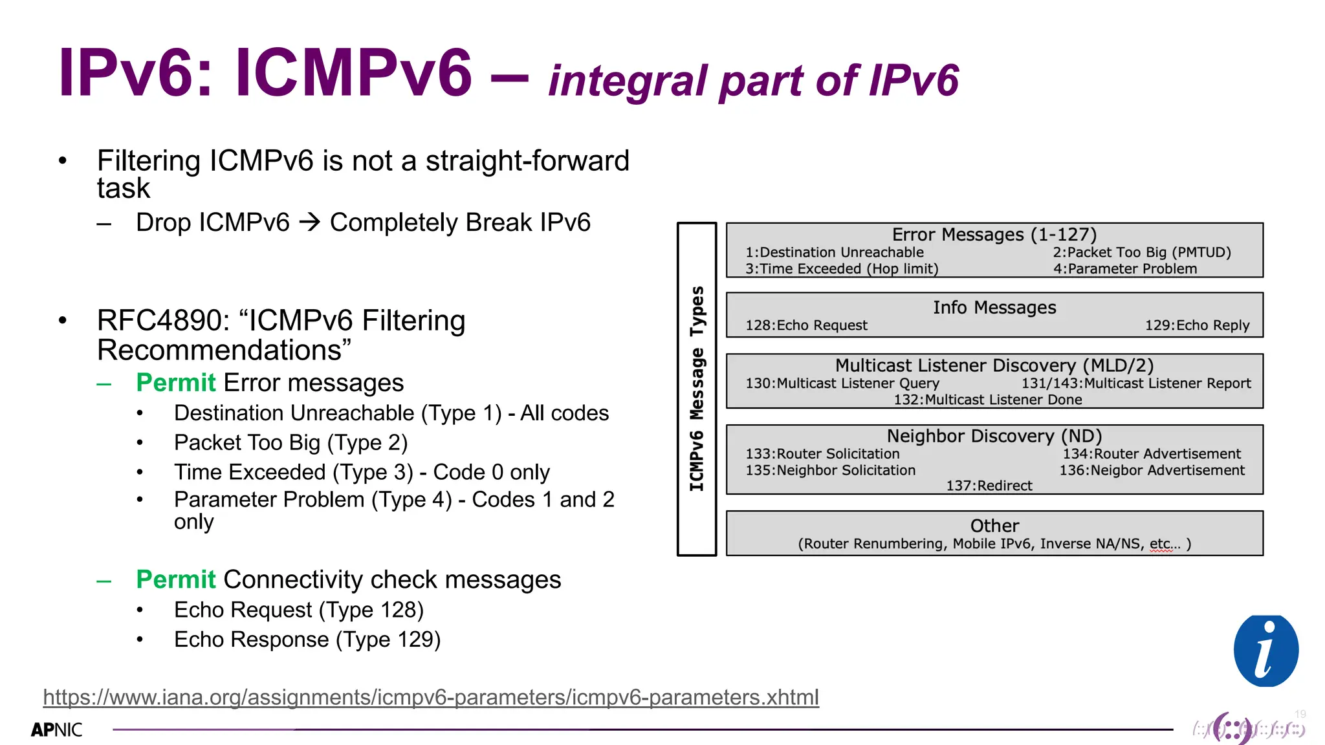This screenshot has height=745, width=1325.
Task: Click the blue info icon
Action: point(1265,651)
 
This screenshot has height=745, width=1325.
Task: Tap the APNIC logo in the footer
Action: point(57,730)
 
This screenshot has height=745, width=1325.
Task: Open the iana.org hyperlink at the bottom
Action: point(431,697)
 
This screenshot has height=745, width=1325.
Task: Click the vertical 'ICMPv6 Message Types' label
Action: point(697,389)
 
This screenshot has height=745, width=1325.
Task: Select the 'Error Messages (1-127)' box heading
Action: point(994,234)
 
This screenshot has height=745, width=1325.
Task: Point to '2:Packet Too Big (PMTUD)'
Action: point(1141,252)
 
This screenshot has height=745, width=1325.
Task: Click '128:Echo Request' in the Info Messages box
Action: point(806,325)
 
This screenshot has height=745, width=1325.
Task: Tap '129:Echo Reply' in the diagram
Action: point(1197,325)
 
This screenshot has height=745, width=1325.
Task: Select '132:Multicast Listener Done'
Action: point(987,400)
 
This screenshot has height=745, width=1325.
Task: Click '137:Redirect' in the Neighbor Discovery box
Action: point(989,486)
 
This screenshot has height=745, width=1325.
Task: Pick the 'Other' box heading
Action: point(994,526)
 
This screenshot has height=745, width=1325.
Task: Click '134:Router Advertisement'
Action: point(1152,454)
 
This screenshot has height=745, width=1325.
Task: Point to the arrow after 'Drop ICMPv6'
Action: point(310,222)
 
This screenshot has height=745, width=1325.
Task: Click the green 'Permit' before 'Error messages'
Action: point(175,383)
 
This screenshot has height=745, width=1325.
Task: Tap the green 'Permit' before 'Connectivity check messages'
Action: point(175,579)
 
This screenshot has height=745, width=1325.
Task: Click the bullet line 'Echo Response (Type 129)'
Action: point(307,640)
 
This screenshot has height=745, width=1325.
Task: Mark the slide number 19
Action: point(1300,714)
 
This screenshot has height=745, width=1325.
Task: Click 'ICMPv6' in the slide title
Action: point(353,72)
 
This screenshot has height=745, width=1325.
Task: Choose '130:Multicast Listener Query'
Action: point(842,383)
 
